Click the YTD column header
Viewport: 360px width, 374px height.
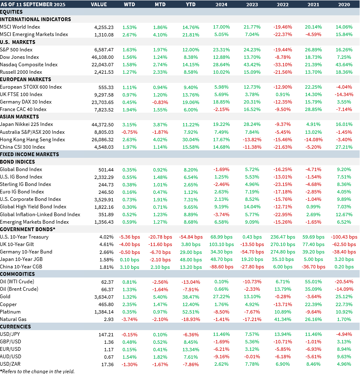tap(191, 5)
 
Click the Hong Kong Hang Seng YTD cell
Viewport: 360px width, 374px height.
tap(191, 140)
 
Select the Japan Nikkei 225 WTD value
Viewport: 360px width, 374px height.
tap(130, 124)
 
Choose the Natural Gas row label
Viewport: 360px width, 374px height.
tap(14, 319)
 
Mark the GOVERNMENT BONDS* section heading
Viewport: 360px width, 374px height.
tap(28, 229)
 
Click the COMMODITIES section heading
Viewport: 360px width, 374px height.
tap(17, 274)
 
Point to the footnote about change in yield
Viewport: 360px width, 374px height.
tap(37, 371)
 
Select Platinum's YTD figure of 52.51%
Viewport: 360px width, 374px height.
tap(191, 312)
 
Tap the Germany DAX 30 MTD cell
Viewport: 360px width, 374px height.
tap(160, 102)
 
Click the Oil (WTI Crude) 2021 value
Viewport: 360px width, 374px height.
tap(313, 282)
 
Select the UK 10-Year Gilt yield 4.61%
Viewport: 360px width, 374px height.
tap(107, 244)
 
